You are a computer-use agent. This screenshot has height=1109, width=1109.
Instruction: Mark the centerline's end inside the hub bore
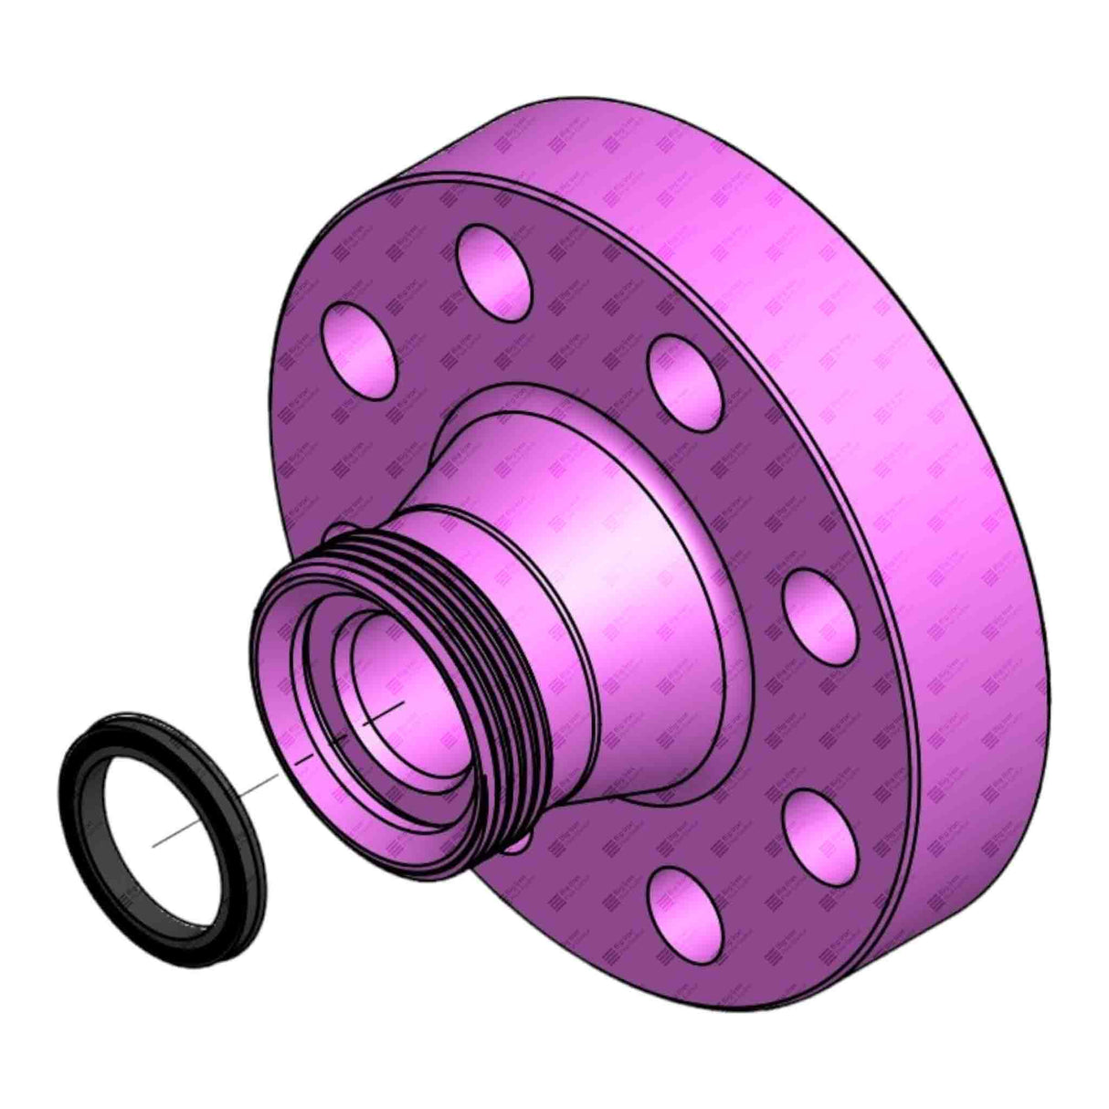pyautogui.click(x=403, y=703)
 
